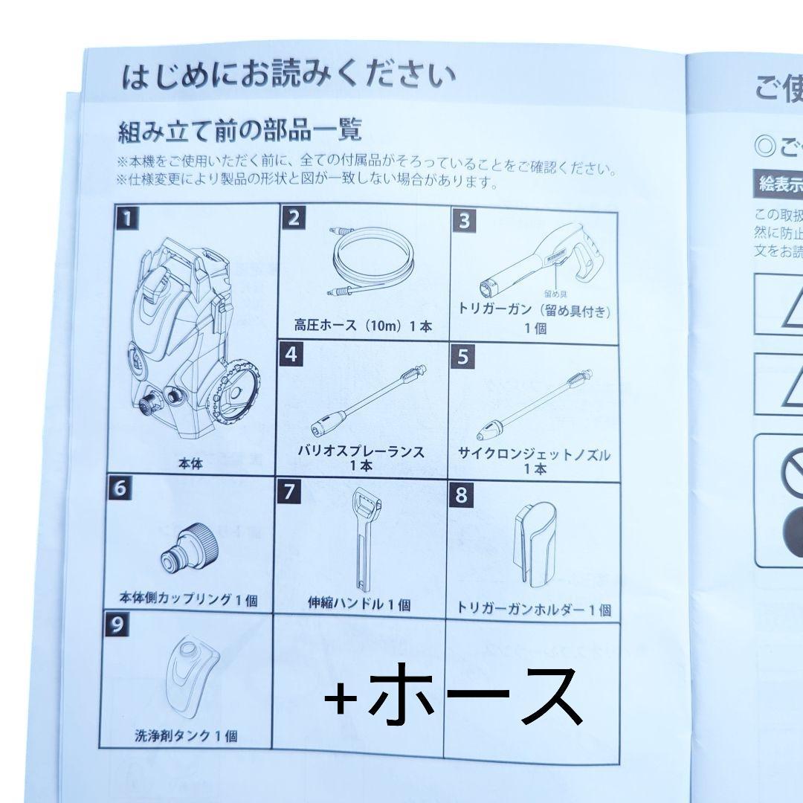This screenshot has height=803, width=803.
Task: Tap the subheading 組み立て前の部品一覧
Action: pos(239,132)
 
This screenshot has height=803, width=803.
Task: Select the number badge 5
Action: pos(463,358)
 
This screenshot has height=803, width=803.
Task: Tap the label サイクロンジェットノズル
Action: pos(535,455)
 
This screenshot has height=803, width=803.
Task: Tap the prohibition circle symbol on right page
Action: pos(793,467)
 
